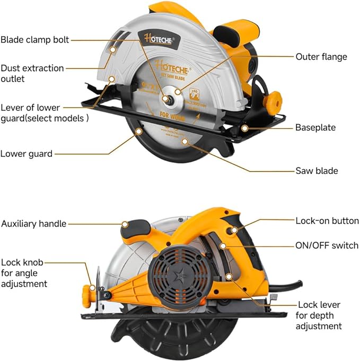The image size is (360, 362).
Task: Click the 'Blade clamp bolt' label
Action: coord(34,40)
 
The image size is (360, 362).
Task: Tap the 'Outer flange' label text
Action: coord(321,57)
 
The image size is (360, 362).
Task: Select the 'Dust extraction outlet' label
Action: coord(32,73)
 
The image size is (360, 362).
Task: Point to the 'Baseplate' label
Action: coord(315,128)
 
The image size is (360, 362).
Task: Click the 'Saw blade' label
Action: coord(317,171)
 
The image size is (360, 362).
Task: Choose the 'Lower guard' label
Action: coord(27,154)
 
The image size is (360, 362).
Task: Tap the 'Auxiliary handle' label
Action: coord(33,224)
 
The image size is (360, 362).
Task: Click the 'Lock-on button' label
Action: coord(327,220)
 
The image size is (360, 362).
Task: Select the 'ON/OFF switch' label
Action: coord(327,246)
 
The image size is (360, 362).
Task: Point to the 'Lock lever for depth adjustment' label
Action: coord(319,315)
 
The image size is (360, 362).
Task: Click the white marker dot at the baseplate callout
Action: coord(244,128)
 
